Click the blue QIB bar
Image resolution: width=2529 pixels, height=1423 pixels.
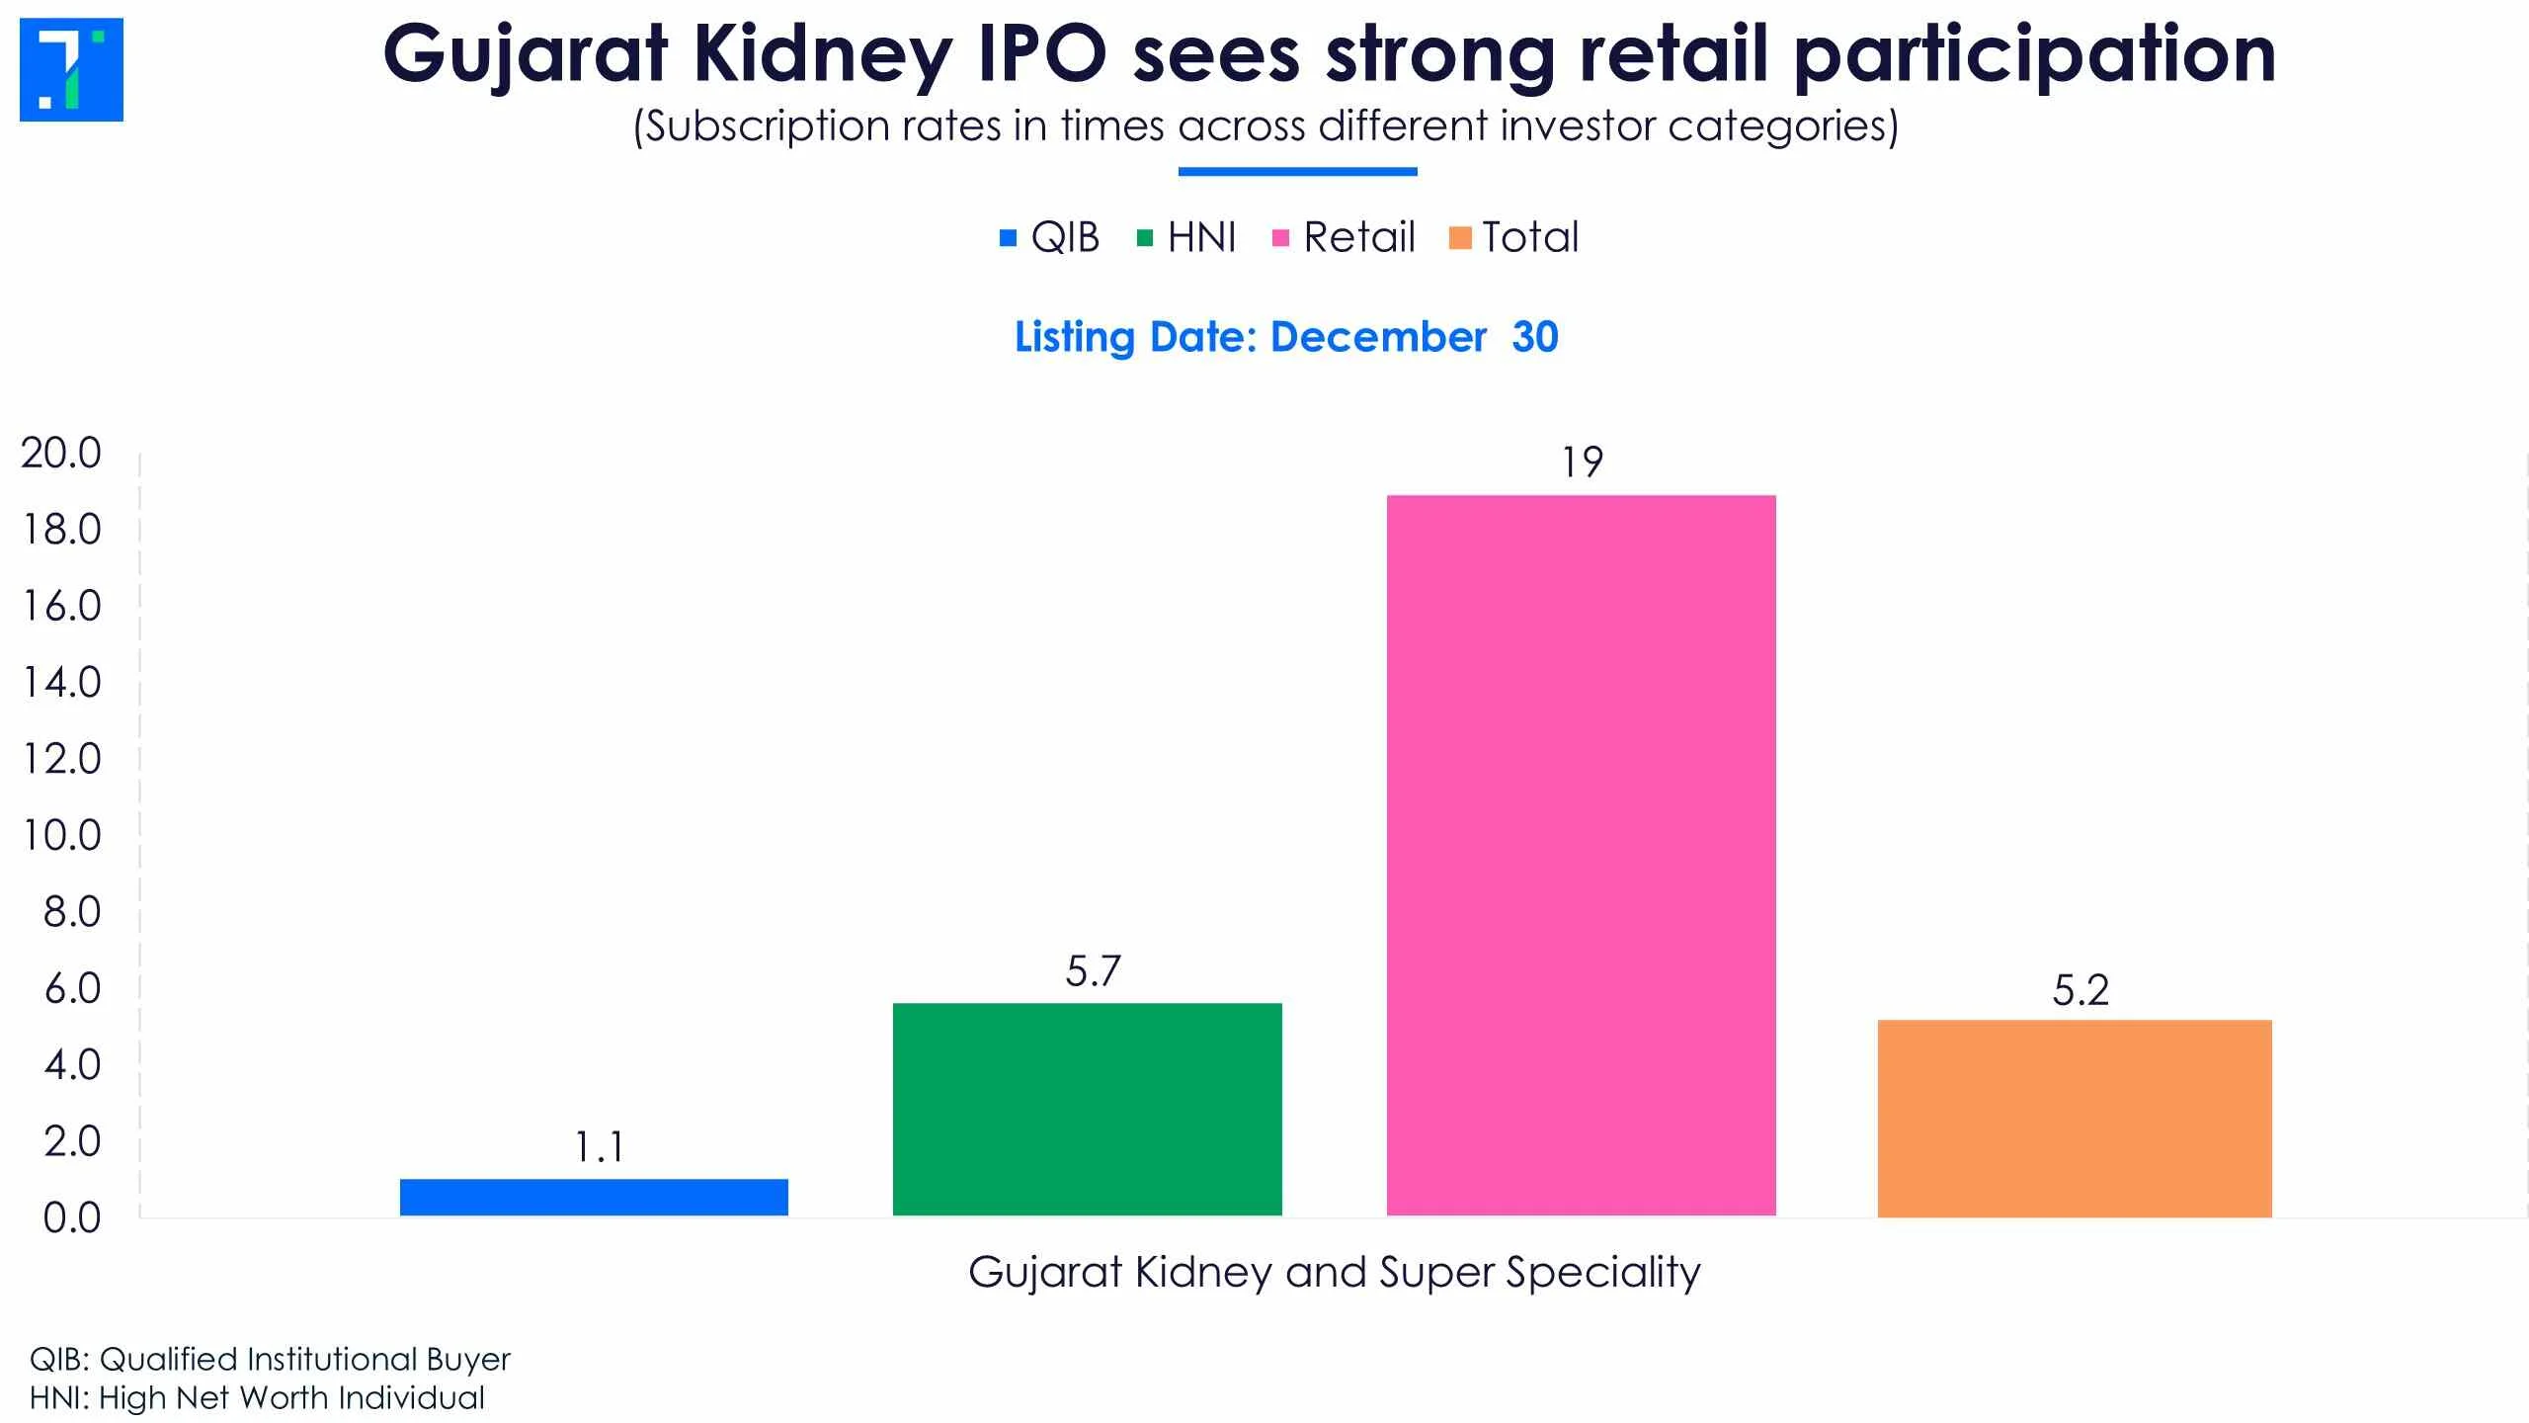594,1197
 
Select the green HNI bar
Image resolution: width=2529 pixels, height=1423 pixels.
1088,1109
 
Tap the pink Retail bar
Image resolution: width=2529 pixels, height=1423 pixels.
1582,855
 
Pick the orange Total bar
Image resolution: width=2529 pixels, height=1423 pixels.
2075,1118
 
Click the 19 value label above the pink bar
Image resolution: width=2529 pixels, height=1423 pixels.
1582,462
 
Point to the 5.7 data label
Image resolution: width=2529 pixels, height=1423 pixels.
1093,971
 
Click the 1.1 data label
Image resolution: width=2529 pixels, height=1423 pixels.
599,1147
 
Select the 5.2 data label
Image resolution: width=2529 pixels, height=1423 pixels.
2080,990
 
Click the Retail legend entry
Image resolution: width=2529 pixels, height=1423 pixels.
1344,237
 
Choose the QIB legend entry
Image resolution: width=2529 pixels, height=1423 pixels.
1049,237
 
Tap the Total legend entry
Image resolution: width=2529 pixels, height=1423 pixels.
1513,237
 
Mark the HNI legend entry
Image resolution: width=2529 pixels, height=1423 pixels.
1186,237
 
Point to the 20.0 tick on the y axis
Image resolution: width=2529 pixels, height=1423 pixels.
61,454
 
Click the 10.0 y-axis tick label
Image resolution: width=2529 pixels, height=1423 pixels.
61,836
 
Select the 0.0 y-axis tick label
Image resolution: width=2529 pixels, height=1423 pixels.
71,1218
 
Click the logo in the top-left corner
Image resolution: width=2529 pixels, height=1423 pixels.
71,69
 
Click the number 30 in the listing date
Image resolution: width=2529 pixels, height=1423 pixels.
1535,337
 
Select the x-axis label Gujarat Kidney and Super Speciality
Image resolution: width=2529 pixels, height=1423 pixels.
1335,1273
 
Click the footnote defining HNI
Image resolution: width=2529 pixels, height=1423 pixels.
257,1398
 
